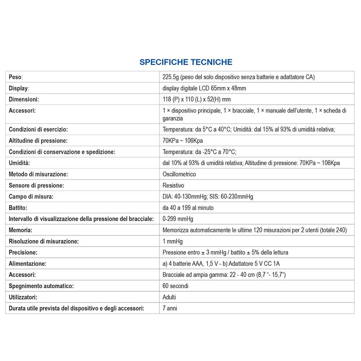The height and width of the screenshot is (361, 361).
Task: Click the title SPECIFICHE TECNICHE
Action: pyautogui.click(x=186, y=62)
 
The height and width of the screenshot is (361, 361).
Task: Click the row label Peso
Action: pyautogui.click(x=16, y=77)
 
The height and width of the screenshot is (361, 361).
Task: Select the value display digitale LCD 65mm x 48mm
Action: pyautogui.click(x=204, y=88)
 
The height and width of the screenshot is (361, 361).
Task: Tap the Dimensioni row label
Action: pyautogui.click(x=24, y=99)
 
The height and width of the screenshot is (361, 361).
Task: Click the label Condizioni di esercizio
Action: pyautogui.click(x=38, y=129)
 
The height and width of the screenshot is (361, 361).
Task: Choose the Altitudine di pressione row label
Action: pyautogui.click(x=38, y=140)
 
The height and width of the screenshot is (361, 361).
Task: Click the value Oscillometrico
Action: pyautogui.click(x=179, y=174)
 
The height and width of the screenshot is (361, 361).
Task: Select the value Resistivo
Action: pyautogui.click(x=173, y=185)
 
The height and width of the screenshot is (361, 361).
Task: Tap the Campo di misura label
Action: pyautogui.click(x=31, y=196)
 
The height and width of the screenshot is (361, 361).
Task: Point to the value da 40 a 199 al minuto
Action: pyautogui.click(x=188, y=208)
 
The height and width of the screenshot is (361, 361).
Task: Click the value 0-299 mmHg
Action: pyautogui.click(x=178, y=219)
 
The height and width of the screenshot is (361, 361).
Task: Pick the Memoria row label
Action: pyautogui.click(x=21, y=230)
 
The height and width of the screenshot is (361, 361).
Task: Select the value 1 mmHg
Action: pyautogui.click(x=173, y=241)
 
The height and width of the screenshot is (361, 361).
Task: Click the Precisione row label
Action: pyautogui.click(x=23, y=252)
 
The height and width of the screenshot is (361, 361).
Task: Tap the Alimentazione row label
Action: pyautogui.click(x=27, y=264)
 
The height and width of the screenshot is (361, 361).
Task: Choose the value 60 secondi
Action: pyautogui.click(x=175, y=286)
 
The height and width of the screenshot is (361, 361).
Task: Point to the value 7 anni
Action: pyautogui.click(x=170, y=308)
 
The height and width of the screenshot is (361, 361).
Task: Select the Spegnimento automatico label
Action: pyautogui.click(x=41, y=286)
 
